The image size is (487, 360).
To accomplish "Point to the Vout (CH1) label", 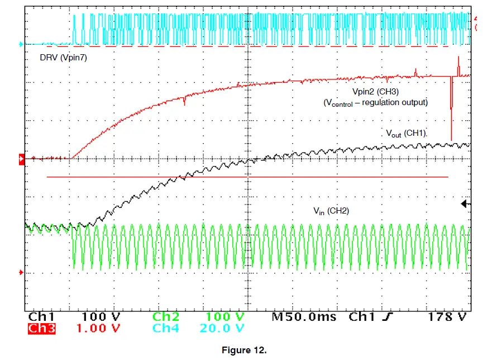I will (406, 134).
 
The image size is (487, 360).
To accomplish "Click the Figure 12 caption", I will (244, 350).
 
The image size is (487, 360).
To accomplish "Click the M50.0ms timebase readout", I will (304, 317).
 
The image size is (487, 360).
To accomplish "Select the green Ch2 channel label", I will (165, 317).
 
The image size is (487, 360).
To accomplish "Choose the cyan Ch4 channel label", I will (165, 328).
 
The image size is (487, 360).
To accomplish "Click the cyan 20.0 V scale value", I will (222, 328).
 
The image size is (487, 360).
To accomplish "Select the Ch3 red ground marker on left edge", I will (22, 159).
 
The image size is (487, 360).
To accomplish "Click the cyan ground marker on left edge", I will (22, 44).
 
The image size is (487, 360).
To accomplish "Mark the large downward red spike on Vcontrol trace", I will (451, 112).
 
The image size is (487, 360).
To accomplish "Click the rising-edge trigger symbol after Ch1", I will (386, 317).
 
